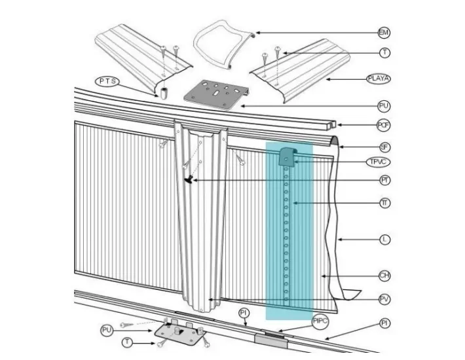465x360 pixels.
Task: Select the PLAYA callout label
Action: [x=379, y=79]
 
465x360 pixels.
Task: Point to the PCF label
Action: [x=384, y=124]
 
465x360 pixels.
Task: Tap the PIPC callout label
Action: [x=320, y=321]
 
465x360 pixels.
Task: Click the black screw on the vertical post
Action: [x=191, y=179]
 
